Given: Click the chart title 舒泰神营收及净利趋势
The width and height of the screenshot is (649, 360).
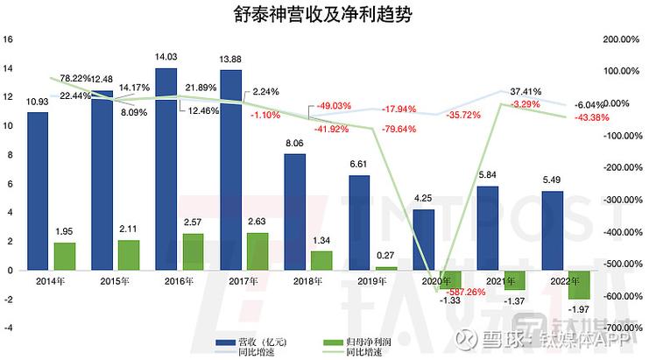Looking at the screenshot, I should (x=324, y=15).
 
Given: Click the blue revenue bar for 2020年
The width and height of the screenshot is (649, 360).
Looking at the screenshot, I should (x=425, y=239).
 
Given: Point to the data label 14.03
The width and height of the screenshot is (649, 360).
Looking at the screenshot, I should (x=166, y=58).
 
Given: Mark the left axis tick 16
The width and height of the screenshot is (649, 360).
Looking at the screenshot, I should (x=9, y=39).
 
